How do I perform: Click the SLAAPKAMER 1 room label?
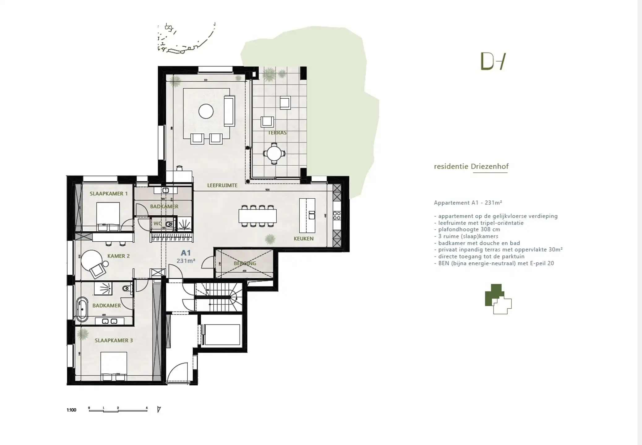click(x=109, y=194)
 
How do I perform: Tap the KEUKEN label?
click(x=303, y=239)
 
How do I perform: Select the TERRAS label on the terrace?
click(x=277, y=133)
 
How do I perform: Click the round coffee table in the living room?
click(x=206, y=111)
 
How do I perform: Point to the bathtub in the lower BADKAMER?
click(x=82, y=309)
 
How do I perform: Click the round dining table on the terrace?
click(x=274, y=153)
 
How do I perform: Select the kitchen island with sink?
click(x=307, y=215)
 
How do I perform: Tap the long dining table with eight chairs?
click(x=257, y=216)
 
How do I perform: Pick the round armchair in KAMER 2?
click(x=92, y=260)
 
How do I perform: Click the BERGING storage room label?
click(x=245, y=263)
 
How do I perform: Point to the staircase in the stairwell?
click(x=220, y=297)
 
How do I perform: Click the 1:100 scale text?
click(x=71, y=410)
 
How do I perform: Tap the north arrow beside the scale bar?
click(x=159, y=410)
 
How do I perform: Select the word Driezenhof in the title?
click(x=490, y=167)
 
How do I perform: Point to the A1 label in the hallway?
click(x=186, y=253)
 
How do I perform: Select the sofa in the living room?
click(x=229, y=111)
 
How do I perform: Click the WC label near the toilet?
click(x=157, y=223)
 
